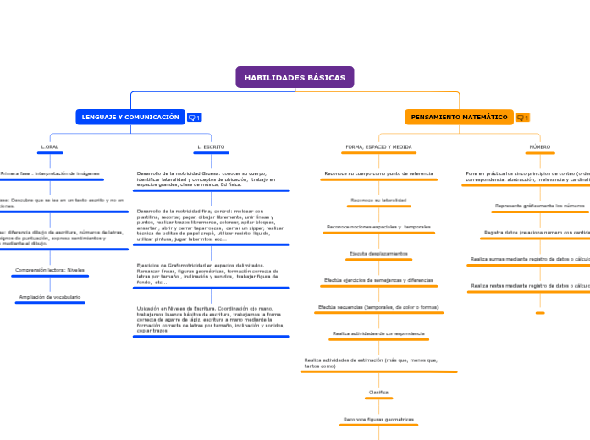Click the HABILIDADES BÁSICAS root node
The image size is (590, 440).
pyautogui.click(x=295, y=78)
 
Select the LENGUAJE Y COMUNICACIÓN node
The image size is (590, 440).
pyautogui.click(x=130, y=117)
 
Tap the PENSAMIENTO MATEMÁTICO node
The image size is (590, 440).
pyautogui.click(x=459, y=117)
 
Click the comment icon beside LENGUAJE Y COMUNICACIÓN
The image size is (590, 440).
pyautogui.click(x=194, y=118)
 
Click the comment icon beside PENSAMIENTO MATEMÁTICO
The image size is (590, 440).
pyautogui.click(x=521, y=118)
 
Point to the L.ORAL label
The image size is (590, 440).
pyautogui.click(x=50, y=147)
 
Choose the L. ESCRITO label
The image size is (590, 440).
pyautogui.click(x=211, y=147)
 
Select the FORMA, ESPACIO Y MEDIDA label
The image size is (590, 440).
pyautogui.click(x=378, y=147)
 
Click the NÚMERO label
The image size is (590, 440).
pyautogui.click(x=539, y=147)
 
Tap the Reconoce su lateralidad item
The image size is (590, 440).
pyautogui.click(x=378, y=201)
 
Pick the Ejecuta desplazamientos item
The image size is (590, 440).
pyautogui.click(x=378, y=254)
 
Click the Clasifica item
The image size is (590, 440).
pyautogui.click(x=378, y=393)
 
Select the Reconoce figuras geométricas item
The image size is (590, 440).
pyautogui.click(x=378, y=420)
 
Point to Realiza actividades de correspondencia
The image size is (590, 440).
pyautogui.click(x=378, y=334)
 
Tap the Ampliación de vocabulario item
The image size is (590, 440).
pyautogui.click(x=50, y=297)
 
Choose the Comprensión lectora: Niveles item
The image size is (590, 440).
pyautogui.click(x=50, y=271)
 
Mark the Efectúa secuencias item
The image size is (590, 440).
pyautogui.click(x=378, y=307)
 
